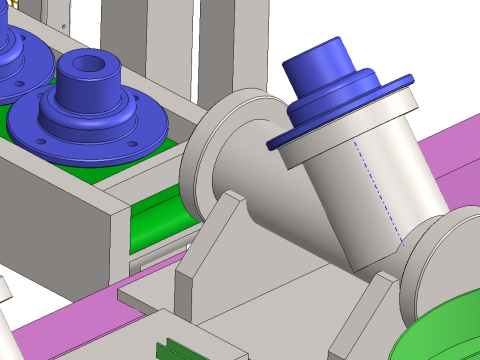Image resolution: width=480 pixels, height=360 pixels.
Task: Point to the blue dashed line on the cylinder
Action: coord(378,190)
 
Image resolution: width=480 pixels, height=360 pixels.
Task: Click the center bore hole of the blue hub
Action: coord(89,66)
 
